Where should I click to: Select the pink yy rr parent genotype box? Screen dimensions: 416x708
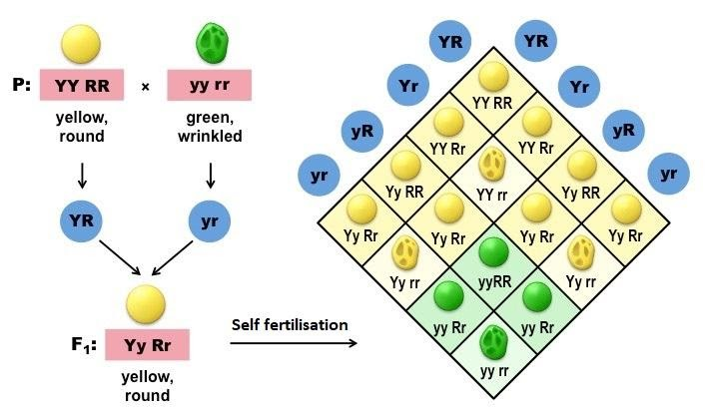pyautogui.click(x=209, y=86)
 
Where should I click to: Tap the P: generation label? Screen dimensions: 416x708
pyautogui.click(x=22, y=86)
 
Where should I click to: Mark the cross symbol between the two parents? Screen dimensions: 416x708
pyautogui.click(x=145, y=87)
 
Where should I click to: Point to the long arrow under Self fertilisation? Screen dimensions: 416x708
pyautogui.click(x=295, y=344)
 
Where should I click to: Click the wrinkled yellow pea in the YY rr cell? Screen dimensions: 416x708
pyautogui.click(x=491, y=164)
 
